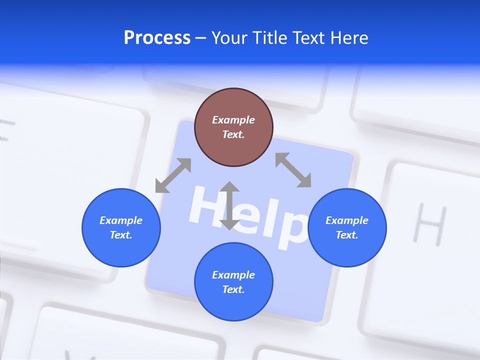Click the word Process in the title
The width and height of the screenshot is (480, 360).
[x=157, y=38]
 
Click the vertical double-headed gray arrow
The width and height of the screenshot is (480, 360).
[x=229, y=205]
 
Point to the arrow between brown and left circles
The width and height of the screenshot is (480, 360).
[x=173, y=175]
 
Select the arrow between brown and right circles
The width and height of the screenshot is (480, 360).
[x=293, y=170]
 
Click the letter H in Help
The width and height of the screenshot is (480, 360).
[x=204, y=206]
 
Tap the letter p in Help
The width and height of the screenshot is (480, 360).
[x=292, y=229]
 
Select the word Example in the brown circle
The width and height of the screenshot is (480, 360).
[x=233, y=120]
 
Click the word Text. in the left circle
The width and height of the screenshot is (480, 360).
[x=121, y=235]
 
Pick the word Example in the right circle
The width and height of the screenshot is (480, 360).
[x=347, y=220]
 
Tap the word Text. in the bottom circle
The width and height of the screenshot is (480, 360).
[x=233, y=289]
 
